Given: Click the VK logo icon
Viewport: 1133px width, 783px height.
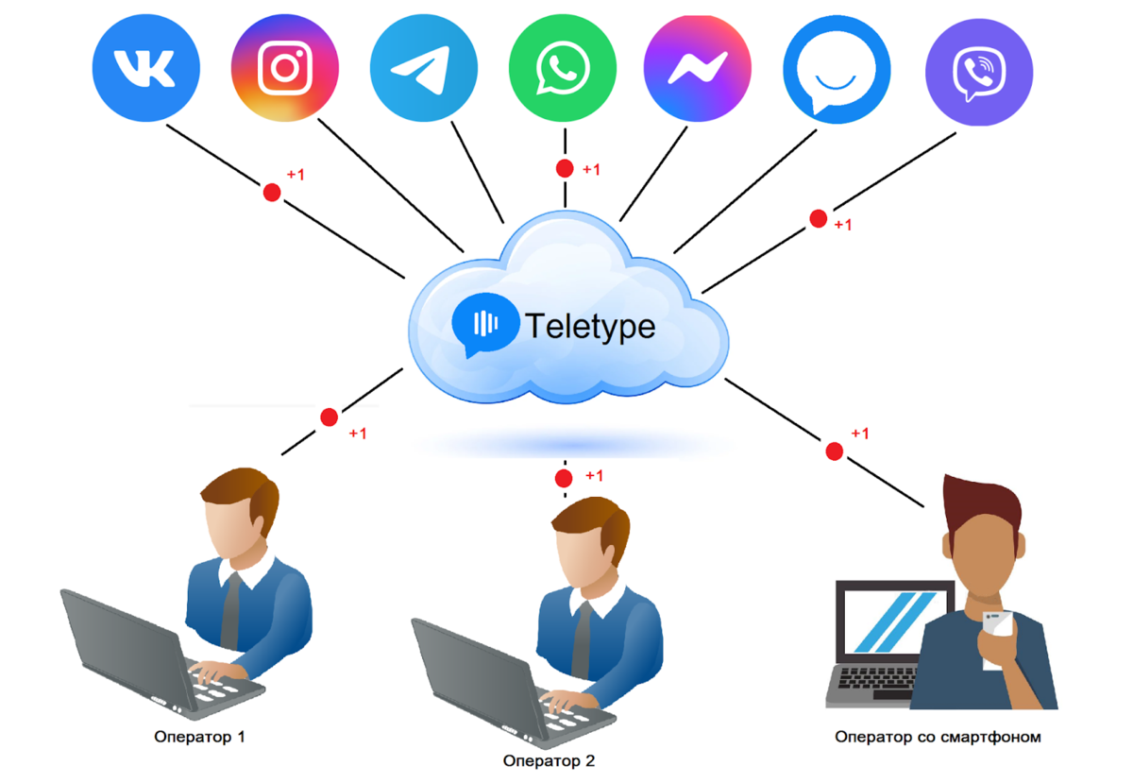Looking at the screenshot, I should (145, 68).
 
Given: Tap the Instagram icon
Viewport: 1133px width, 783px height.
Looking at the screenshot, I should (285, 68).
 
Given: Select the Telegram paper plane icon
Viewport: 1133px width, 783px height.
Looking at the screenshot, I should (424, 68).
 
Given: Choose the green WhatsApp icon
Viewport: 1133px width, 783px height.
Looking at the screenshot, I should (563, 68).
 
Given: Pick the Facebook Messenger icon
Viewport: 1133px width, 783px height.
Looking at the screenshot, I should (698, 68).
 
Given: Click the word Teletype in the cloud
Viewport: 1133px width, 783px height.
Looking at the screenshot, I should (590, 326).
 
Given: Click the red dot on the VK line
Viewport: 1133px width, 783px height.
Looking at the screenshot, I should (272, 192).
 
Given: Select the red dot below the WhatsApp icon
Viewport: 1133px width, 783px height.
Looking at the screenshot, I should (565, 169).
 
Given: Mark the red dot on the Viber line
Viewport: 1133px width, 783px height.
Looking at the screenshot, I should (819, 219).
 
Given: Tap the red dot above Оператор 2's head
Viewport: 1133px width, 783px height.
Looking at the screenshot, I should (565, 477).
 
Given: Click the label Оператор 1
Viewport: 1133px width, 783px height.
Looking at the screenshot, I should (199, 736).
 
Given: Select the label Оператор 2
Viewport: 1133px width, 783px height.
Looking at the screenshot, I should (549, 760).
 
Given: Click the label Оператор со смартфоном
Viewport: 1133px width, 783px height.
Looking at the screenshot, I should (938, 736).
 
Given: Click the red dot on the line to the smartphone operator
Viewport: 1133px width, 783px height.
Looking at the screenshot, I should (834, 451).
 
